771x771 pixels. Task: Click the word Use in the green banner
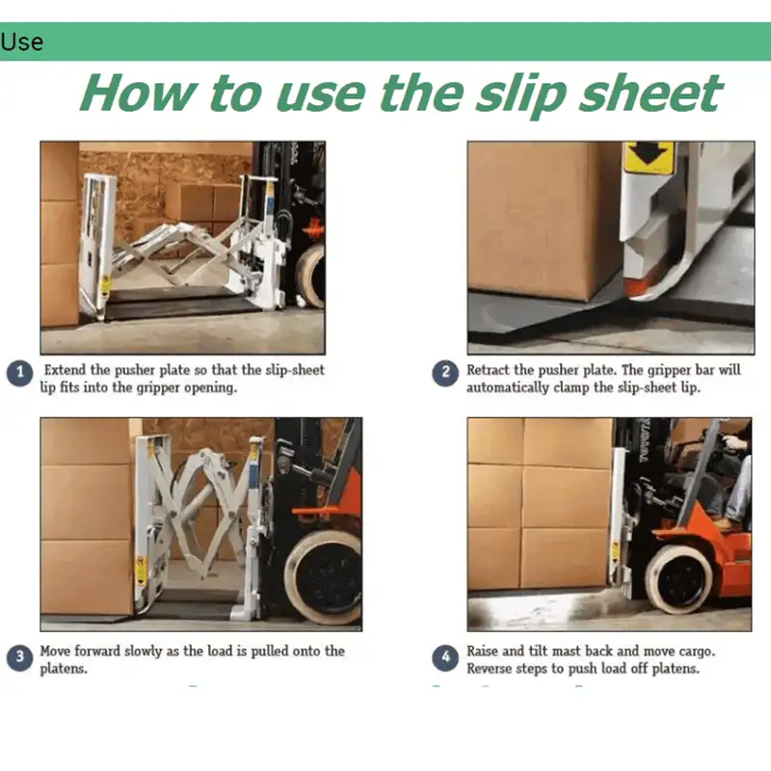click(x=21, y=41)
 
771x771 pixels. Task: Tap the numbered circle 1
click(x=19, y=373)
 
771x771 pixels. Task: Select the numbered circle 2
click(x=445, y=373)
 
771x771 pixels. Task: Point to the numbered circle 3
click(x=19, y=657)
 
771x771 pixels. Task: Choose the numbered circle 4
click(x=445, y=657)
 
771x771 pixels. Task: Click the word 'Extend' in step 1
click(x=65, y=370)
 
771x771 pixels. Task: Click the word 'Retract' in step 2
click(x=488, y=370)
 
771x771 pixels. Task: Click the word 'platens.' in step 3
click(x=64, y=669)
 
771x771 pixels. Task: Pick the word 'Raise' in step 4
click(x=483, y=651)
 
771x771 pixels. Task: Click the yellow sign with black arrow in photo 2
click(x=648, y=157)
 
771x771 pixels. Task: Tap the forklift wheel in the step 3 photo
click(x=324, y=578)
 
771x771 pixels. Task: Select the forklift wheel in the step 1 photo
click(x=311, y=276)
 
